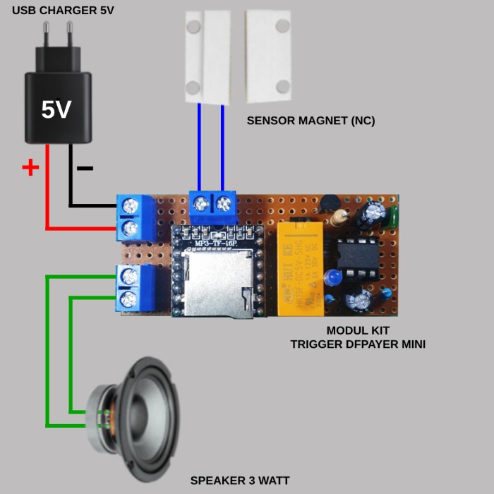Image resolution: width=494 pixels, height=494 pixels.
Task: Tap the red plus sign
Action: (x=30, y=167)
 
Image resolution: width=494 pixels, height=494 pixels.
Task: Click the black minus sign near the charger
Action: (x=84, y=168)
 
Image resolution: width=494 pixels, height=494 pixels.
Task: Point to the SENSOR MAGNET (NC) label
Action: (x=311, y=121)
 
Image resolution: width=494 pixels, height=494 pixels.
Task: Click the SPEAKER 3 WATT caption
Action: (x=240, y=481)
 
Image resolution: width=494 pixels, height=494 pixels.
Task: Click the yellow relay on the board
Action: (x=301, y=267)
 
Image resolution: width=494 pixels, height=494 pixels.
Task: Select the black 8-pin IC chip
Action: (x=358, y=254)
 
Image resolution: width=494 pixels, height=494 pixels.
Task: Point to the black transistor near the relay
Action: (x=328, y=203)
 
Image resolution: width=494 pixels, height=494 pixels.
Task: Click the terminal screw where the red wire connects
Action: (x=131, y=228)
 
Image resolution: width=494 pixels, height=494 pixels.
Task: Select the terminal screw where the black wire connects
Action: (x=131, y=206)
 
